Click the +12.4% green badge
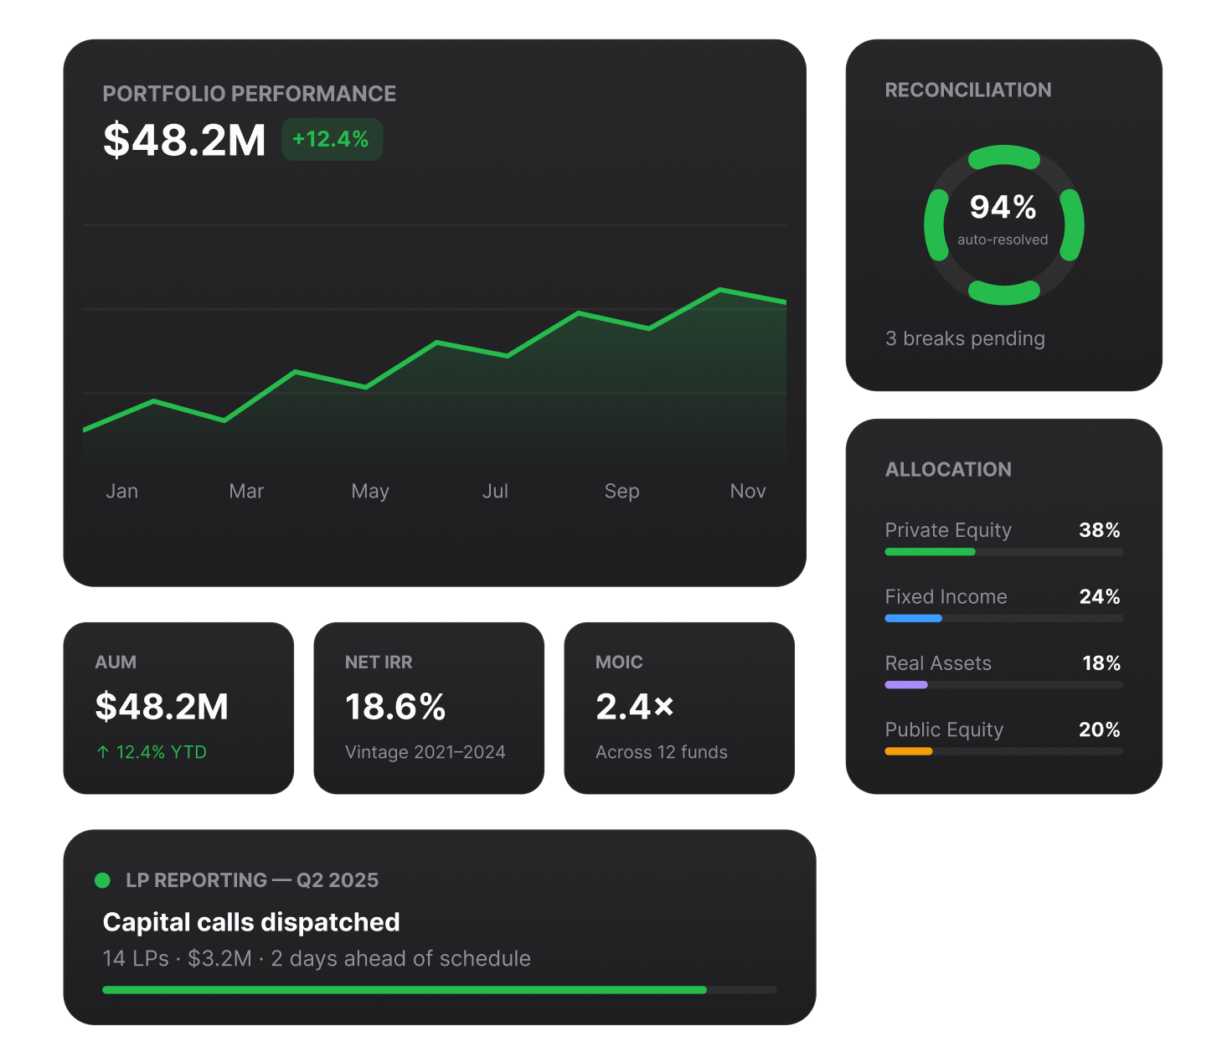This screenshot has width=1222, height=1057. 332,139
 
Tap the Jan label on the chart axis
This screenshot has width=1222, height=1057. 121,491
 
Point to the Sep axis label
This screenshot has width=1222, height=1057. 621,492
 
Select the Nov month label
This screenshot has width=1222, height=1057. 747,491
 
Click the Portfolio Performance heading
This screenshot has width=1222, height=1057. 249,94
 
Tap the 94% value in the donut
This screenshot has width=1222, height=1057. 1003,207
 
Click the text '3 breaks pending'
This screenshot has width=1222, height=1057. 965,338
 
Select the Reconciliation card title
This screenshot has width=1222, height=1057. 967,90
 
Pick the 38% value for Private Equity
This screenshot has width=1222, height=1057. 1099,529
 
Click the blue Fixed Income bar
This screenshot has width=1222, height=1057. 913,618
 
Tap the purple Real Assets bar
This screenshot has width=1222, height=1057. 906,684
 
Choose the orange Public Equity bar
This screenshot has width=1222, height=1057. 909,751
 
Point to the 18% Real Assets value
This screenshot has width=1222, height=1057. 1101,663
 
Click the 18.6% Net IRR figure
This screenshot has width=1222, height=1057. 395,706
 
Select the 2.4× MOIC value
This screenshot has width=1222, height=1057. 634,706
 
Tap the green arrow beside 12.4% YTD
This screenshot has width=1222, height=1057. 103,752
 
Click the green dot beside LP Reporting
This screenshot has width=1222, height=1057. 102,880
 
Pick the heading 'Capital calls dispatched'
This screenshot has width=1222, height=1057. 251,922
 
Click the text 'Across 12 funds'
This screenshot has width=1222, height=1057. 661,752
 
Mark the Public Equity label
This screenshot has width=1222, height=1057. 944,730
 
